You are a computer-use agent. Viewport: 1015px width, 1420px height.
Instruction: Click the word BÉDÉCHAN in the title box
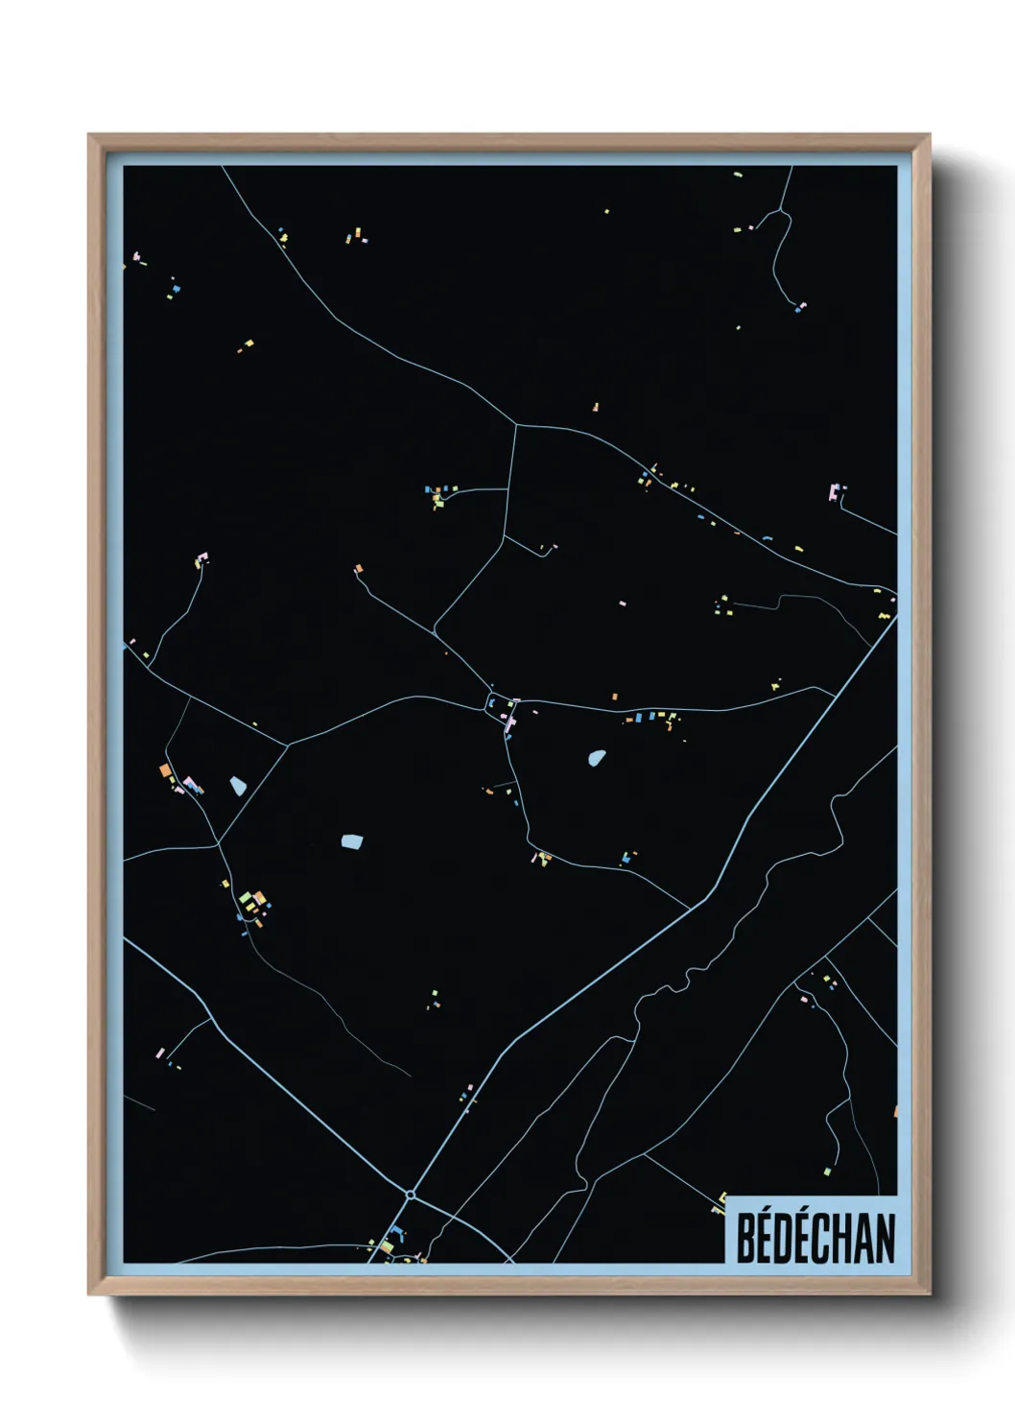(814, 1237)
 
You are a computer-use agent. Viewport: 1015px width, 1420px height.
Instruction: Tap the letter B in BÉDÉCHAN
(745, 1237)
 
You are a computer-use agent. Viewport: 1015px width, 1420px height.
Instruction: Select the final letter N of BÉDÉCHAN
(885, 1237)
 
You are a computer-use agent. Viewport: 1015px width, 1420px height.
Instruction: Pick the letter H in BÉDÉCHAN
(842, 1237)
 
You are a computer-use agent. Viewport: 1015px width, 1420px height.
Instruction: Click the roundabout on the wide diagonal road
(411, 1195)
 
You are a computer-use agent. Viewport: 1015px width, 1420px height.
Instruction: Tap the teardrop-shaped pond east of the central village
(597, 758)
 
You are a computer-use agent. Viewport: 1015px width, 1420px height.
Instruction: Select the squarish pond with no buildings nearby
(352, 842)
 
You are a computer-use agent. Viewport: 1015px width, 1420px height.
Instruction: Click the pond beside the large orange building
(238, 786)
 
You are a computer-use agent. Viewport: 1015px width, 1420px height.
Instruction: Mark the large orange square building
(165, 769)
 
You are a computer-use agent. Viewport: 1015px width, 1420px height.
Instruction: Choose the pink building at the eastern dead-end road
(834, 492)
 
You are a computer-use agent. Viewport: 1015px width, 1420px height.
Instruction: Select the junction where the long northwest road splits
(517, 424)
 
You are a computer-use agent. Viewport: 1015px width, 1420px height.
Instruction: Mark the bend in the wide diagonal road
(706, 900)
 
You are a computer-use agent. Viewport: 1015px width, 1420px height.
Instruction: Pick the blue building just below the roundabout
(394, 1231)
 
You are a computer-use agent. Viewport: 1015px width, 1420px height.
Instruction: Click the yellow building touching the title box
(722, 1196)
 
